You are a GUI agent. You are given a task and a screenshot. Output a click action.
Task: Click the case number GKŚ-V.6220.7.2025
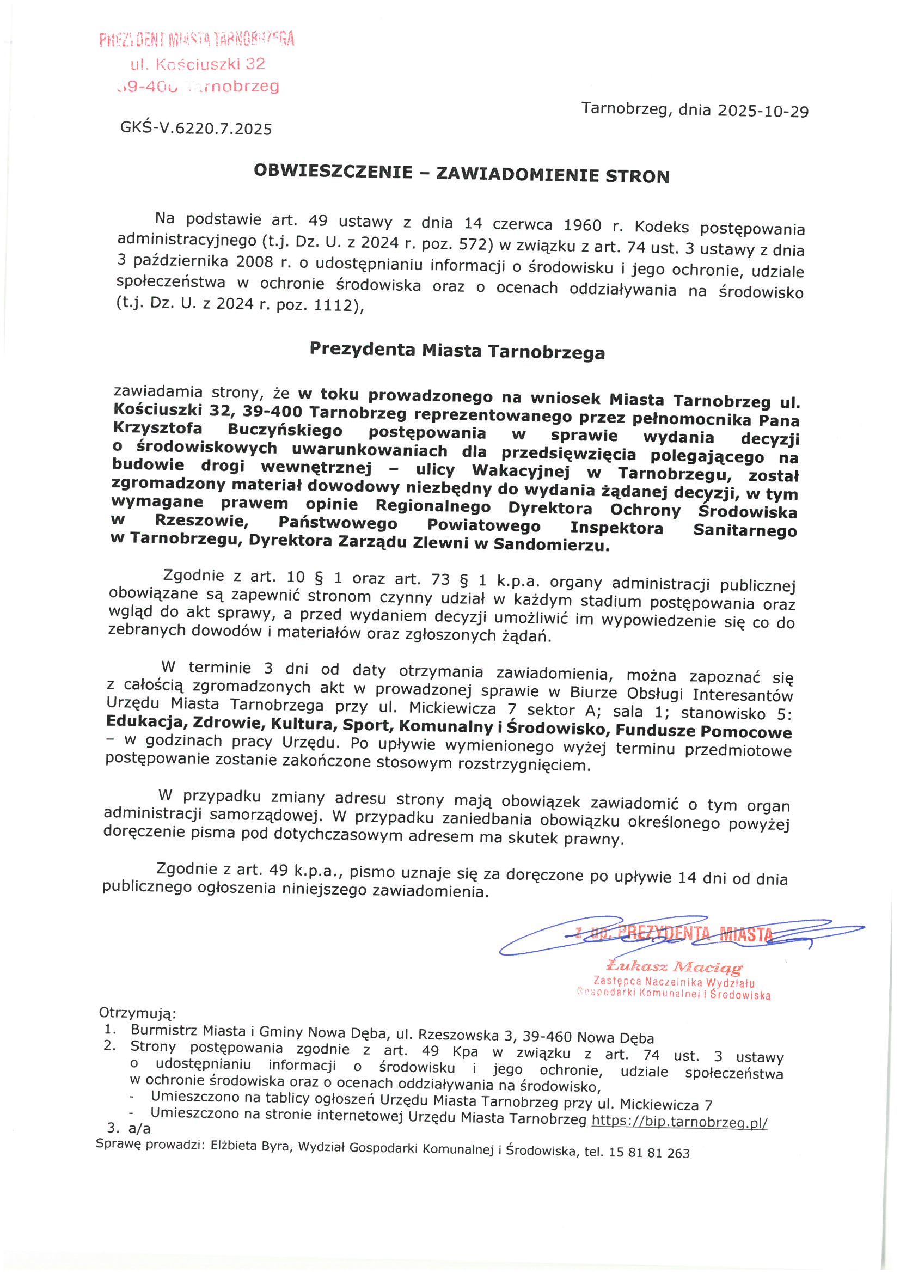[x=196, y=128]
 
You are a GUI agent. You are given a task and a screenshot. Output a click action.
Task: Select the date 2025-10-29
[x=763, y=112]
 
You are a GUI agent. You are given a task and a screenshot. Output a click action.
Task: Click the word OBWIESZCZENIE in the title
[x=333, y=172]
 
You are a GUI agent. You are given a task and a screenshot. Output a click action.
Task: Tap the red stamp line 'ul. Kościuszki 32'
[x=198, y=64]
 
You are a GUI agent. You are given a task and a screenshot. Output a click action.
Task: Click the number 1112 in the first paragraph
[x=335, y=305]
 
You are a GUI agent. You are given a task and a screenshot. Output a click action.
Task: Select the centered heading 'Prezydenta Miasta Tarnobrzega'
[x=457, y=351]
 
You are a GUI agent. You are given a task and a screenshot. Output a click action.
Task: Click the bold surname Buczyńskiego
[x=285, y=431]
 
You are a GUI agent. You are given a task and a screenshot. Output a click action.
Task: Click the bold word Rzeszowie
[x=201, y=521]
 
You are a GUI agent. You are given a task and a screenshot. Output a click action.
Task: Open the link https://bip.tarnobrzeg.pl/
[x=679, y=1122]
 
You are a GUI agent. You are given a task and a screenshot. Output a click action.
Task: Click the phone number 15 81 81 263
[x=649, y=1153]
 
